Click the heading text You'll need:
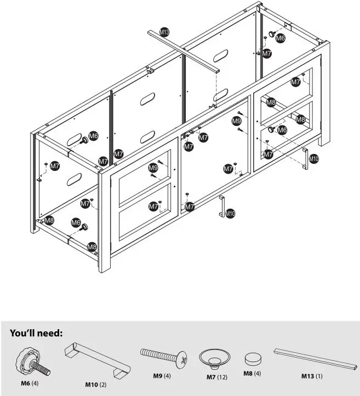pos(36,333)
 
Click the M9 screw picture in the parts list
pos(163,357)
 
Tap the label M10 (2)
pos(95,385)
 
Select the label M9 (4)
pos(162,376)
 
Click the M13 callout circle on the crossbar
pos(164,33)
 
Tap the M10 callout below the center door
pos(231,214)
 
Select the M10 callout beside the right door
pos(313,159)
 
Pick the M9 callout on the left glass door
pos(153,168)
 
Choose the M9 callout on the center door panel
pos(236,120)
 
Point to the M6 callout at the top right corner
pos(280,38)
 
